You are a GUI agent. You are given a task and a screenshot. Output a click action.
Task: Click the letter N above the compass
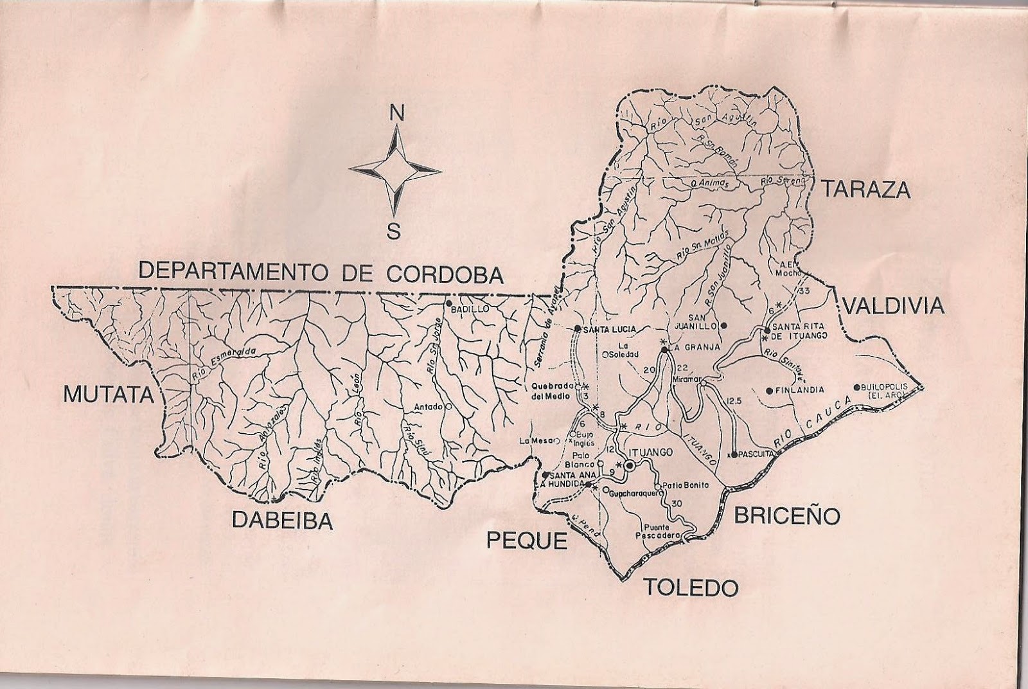pyautogui.click(x=397, y=114)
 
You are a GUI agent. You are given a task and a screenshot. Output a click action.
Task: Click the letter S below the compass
pyautogui.click(x=394, y=229)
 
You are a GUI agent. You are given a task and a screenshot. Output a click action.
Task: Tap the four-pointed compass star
pyautogui.click(x=396, y=171)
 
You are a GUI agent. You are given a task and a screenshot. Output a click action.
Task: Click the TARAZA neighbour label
pyautogui.click(x=865, y=190)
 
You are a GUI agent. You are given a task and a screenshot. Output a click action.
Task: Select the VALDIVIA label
pyautogui.click(x=894, y=306)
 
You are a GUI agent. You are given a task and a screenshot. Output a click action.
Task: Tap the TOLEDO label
pyautogui.click(x=691, y=586)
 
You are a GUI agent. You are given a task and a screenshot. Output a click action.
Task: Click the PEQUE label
pyautogui.click(x=527, y=541)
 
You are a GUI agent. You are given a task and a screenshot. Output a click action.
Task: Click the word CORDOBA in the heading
pyautogui.click(x=445, y=273)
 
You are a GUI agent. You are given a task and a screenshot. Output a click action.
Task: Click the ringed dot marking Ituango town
pyautogui.click(x=630, y=465)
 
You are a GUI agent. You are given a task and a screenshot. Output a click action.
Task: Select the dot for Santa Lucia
pyautogui.click(x=578, y=328)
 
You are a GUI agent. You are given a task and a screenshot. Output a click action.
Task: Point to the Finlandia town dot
pyautogui.click(x=769, y=390)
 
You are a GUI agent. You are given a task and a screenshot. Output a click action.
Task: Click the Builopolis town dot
pyautogui.click(x=856, y=387)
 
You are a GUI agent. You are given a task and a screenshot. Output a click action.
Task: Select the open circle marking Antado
pyautogui.click(x=448, y=406)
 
